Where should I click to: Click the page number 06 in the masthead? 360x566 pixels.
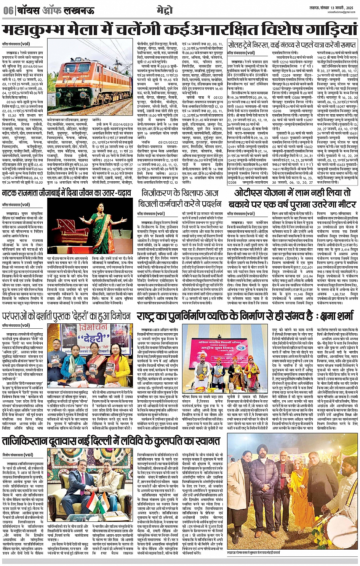click(x=8, y=11)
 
